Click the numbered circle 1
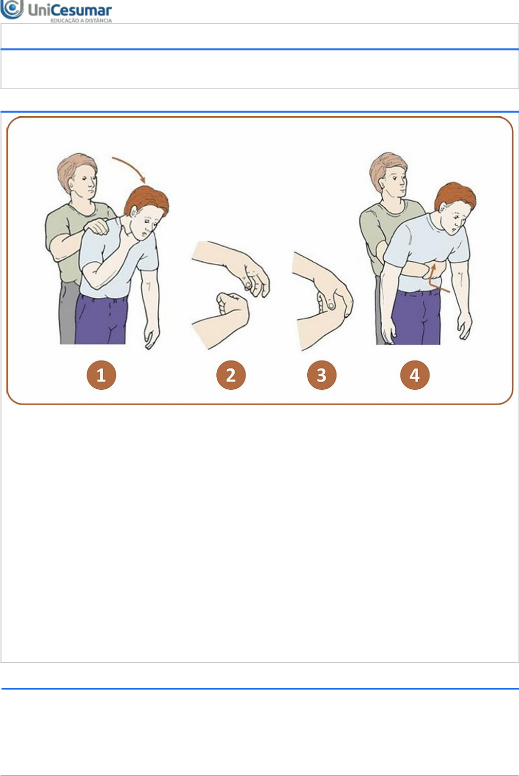pos(101,375)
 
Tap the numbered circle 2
pos(231,375)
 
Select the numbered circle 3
pos(321,375)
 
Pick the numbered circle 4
pos(415,375)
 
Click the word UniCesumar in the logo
pos(70,10)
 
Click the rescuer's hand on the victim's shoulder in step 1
pos(96,226)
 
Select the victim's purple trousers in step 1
pos(100,319)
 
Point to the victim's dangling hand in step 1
pos(152,335)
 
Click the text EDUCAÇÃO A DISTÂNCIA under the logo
pos(81,21)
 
